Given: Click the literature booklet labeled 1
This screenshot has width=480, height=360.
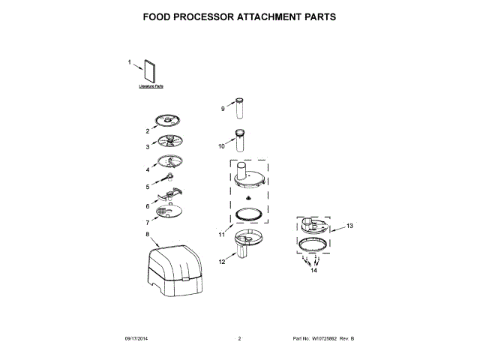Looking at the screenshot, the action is pos(149,71).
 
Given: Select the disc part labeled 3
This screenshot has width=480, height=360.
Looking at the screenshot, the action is pos(170,142).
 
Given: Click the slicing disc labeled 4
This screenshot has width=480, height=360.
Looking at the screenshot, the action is pos(170,162).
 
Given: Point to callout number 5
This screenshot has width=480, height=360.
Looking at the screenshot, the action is pos(148,187).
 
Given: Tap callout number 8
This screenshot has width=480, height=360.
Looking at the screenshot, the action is pos(148,234).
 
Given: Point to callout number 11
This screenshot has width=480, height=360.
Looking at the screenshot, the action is pos(222,235).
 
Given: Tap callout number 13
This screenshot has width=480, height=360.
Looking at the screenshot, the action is pos(349,225).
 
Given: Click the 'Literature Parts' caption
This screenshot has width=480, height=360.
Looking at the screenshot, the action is pos(151,87).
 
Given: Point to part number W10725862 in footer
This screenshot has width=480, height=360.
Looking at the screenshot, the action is pos(328,340).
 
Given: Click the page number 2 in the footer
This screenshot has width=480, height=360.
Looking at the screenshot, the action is pos(239,340).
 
